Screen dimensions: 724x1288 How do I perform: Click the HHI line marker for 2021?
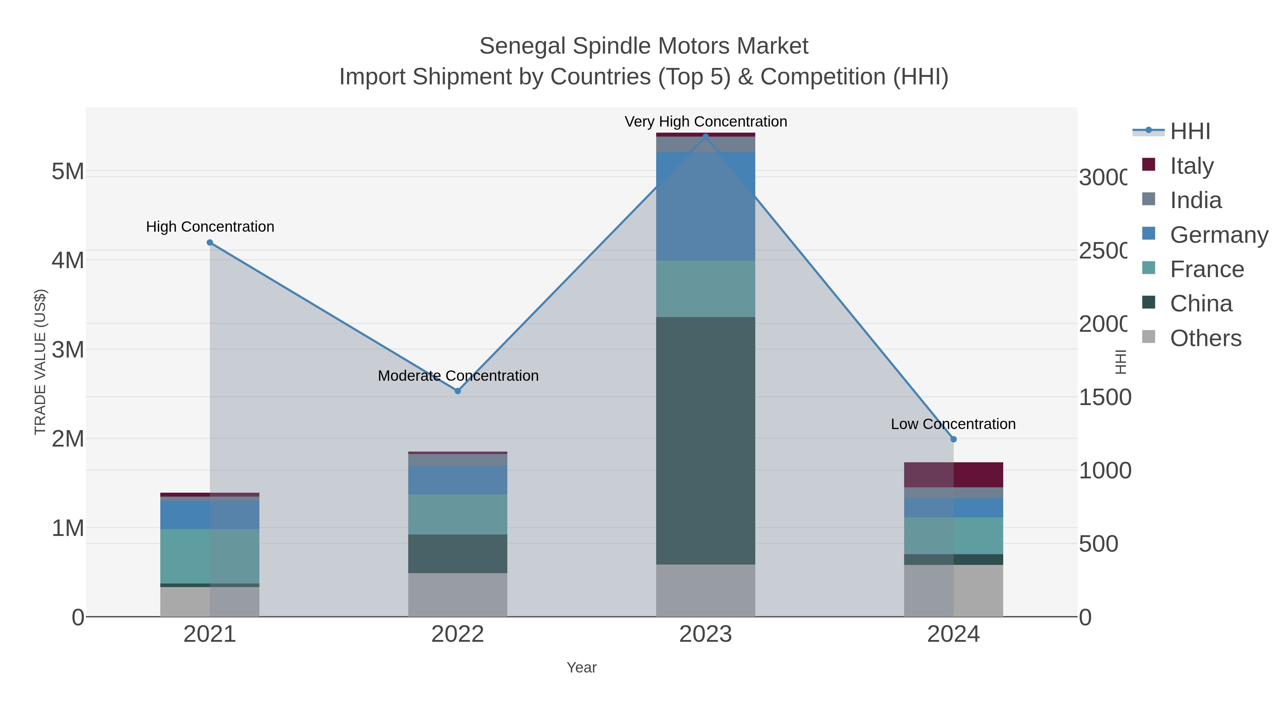click(210, 243)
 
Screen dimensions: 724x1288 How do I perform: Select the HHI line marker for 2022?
click(458, 391)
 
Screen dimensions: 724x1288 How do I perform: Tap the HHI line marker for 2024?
click(953, 439)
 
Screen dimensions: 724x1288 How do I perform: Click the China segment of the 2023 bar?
click(706, 441)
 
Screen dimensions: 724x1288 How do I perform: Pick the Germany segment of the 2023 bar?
click(706, 206)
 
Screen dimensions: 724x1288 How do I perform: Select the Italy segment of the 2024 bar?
click(953, 475)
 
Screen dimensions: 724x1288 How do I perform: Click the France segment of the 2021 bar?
click(210, 556)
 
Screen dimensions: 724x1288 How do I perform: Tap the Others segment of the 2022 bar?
click(458, 595)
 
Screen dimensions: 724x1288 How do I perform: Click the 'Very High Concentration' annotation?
click(706, 122)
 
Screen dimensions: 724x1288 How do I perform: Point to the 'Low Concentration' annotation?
click(953, 424)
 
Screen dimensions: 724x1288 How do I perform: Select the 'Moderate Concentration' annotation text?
click(458, 376)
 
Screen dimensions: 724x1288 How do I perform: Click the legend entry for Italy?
click(1191, 166)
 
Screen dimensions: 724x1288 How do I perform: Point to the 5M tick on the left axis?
click(68, 171)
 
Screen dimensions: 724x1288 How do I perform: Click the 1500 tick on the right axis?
click(1104, 397)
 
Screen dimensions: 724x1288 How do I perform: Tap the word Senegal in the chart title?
click(522, 46)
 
